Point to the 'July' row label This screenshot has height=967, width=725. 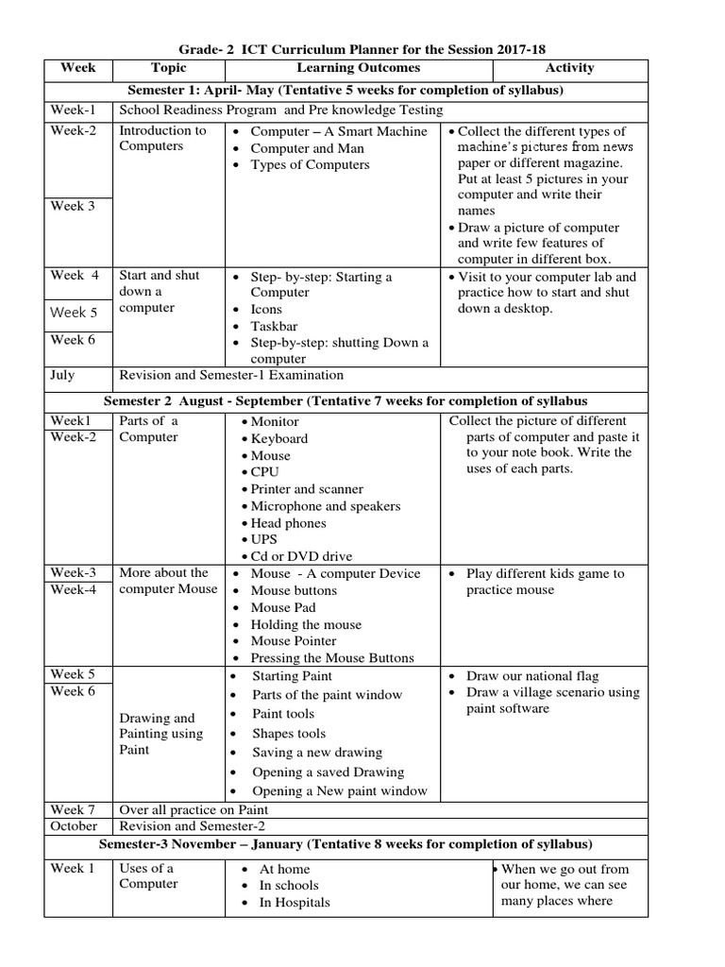(62, 376)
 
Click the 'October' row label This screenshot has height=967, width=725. (75, 825)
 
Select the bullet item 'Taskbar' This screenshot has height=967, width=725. (274, 326)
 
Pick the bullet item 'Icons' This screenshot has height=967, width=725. (266, 309)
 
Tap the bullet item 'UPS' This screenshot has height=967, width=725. (264, 539)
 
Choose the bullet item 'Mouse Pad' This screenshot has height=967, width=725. (283, 607)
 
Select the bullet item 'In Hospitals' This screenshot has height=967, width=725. (295, 903)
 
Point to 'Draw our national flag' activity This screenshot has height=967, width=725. (532, 676)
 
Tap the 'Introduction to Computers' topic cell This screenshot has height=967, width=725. (162, 139)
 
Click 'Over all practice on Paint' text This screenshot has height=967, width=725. (194, 809)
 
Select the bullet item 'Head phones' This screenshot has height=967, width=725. (288, 523)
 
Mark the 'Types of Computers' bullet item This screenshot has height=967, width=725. (310, 165)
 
